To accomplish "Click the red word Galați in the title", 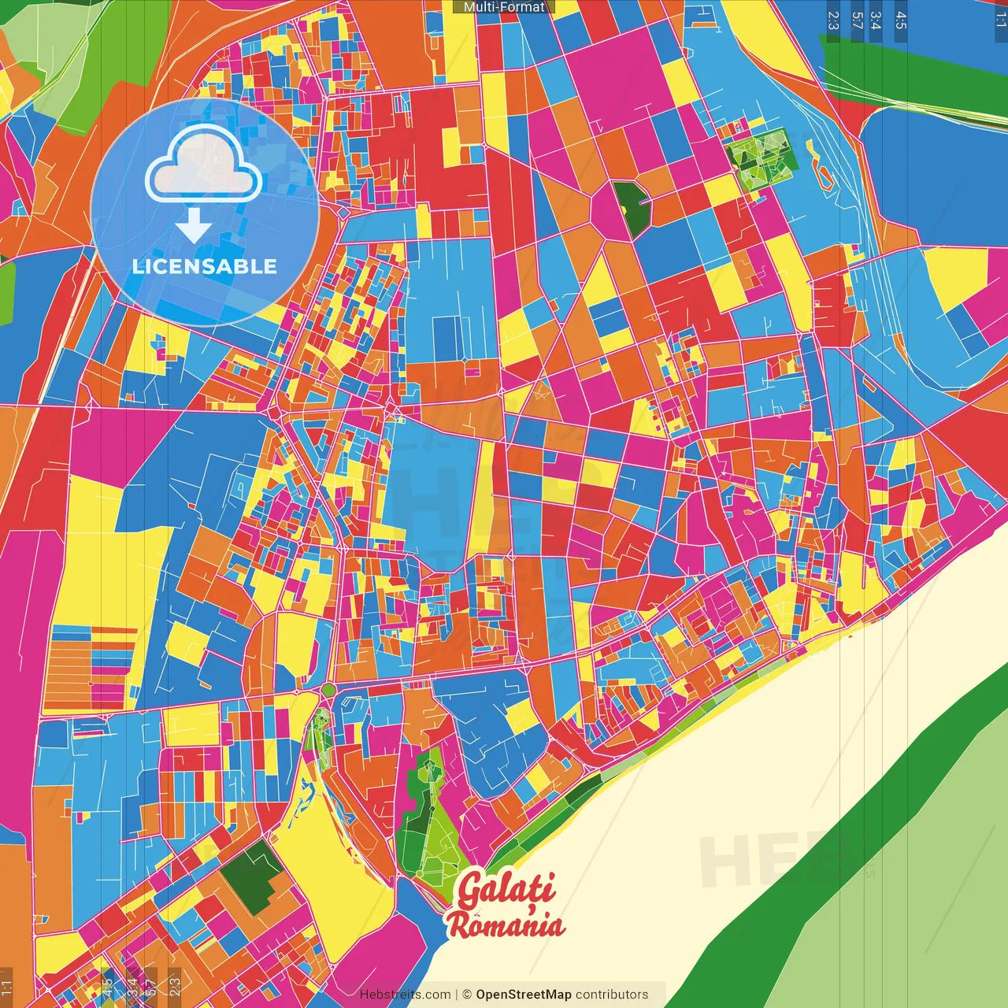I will click(x=505, y=890).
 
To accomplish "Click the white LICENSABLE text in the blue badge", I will click(x=204, y=266).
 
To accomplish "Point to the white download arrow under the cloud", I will click(x=194, y=225).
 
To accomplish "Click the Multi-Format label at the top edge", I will click(x=504, y=7).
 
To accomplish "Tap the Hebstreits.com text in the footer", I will click(x=405, y=995).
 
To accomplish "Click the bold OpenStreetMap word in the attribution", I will click(x=523, y=995).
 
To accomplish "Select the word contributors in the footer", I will click(x=612, y=995).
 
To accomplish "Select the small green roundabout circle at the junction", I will click(x=328, y=691).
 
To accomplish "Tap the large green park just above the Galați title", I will click(x=425, y=819).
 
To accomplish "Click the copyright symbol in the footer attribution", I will click(x=467, y=995).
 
